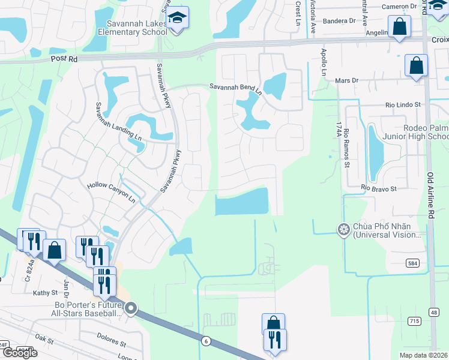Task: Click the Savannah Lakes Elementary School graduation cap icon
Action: click(178, 18)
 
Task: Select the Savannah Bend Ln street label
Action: click(235, 89)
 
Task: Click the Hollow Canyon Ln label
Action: click(112, 191)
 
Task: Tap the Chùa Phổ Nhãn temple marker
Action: click(343, 229)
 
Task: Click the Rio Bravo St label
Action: click(379, 188)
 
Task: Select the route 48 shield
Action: click(433, 312)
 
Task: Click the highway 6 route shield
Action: click(206, 341)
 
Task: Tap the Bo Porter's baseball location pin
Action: click(131, 309)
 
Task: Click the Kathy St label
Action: click(46, 293)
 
